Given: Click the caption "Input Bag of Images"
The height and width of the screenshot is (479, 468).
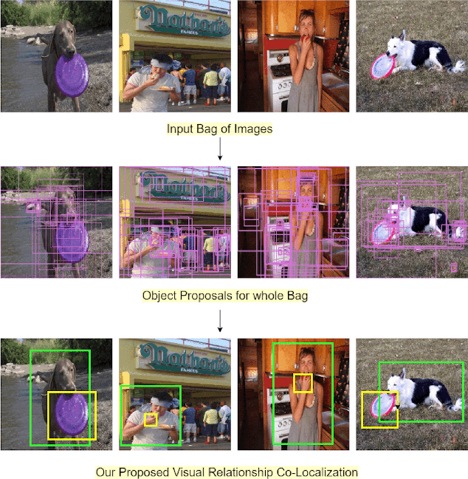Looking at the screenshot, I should click(x=219, y=129).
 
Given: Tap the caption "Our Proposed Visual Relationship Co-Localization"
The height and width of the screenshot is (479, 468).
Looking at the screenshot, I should click(x=227, y=471).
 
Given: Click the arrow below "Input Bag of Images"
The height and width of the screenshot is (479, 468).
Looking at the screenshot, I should click(x=220, y=149).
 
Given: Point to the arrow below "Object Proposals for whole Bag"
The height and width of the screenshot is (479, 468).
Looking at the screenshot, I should click(x=220, y=320).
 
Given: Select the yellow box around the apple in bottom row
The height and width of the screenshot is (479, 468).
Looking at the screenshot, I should click(x=303, y=383).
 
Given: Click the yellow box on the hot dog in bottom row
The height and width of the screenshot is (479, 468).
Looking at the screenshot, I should click(x=151, y=420).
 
